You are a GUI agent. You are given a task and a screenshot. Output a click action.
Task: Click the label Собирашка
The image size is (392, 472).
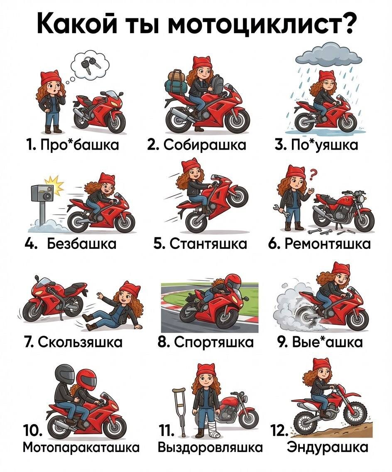coord(205,145)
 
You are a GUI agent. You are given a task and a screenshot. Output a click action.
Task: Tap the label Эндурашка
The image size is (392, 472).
coord(327,447)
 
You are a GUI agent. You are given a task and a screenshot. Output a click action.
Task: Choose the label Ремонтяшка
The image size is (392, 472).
coord(327,243)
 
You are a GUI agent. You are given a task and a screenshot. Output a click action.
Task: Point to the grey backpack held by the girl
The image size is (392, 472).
coord(217,84)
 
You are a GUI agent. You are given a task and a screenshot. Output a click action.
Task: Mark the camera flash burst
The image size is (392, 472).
coord(54,186)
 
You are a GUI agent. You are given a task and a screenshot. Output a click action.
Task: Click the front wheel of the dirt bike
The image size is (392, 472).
coord(354,414)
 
